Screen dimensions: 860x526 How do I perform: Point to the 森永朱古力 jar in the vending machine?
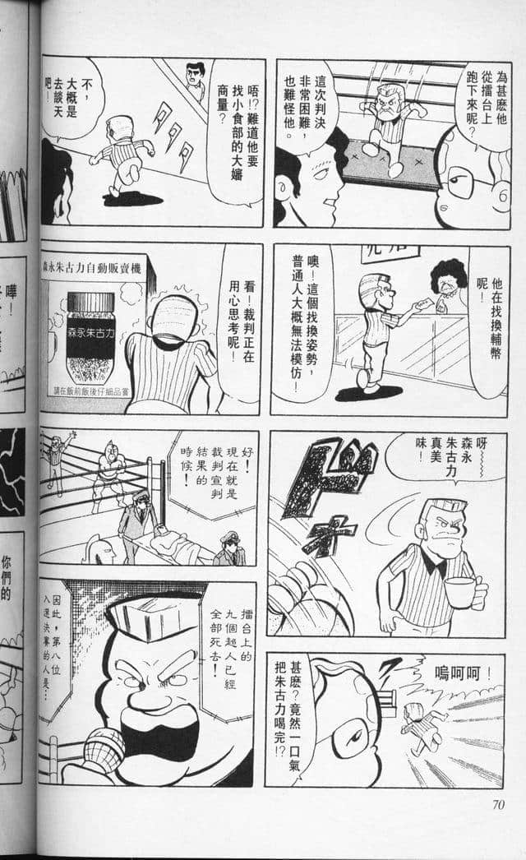click(90, 336)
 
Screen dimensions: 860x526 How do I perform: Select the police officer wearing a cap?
click(228, 546)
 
